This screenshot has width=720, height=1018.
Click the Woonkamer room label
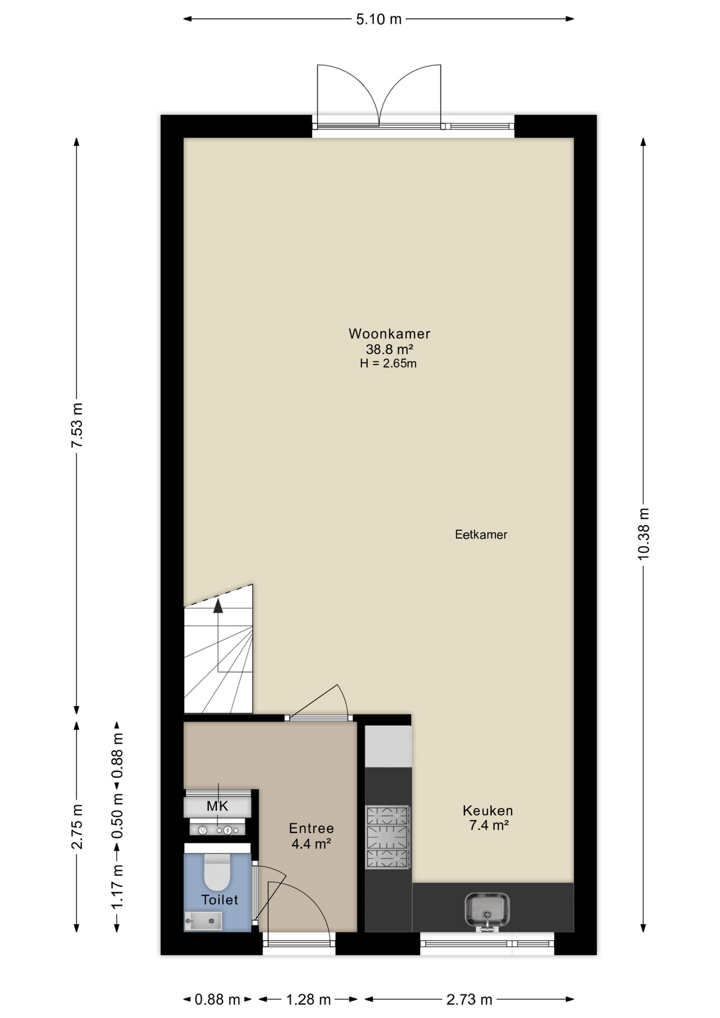coord(389,334)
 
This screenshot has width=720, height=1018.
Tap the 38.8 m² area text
coord(389,349)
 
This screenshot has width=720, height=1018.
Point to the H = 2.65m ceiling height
coord(388,363)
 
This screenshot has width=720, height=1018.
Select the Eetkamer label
coord(481,534)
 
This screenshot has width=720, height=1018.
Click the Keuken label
coord(488,810)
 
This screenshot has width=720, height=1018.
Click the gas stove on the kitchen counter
coord(388,837)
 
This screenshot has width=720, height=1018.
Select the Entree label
coord(311,828)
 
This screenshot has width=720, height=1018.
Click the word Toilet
coord(219,900)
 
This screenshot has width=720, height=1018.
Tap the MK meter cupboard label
coord(217,806)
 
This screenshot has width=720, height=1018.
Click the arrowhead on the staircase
coord(218,606)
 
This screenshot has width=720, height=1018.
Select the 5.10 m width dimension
coord(379,20)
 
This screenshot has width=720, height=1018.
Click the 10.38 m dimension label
coord(643,534)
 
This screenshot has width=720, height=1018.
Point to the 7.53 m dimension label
coord(77,425)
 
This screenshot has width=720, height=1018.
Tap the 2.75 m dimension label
coord(77,827)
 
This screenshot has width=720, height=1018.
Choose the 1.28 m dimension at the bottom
coord(309,999)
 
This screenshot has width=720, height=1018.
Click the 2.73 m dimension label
coord(469,999)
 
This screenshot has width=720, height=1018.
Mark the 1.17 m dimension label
coord(117,886)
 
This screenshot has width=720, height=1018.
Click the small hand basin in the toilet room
coord(203,921)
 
